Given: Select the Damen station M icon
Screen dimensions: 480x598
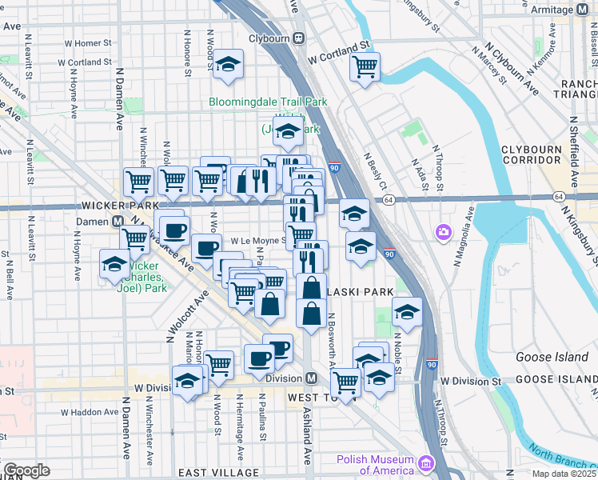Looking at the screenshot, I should click(x=117, y=220).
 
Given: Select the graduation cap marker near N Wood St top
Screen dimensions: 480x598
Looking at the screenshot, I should click(x=228, y=66).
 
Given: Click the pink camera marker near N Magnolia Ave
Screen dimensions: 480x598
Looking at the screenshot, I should click(x=443, y=232).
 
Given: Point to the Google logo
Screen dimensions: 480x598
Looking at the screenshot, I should click(x=26, y=470).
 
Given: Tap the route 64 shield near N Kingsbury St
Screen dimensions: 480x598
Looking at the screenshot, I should click(x=558, y=196).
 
